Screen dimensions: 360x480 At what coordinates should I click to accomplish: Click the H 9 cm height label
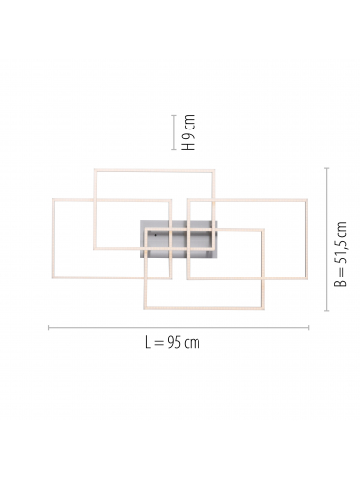point(189,132)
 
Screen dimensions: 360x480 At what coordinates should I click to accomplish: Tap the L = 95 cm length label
point(172,343)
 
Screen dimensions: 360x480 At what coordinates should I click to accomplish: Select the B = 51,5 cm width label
point(341,254)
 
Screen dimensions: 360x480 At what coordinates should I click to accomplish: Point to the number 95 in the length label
point(174,343)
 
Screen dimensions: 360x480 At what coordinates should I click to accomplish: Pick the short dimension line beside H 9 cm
point(174,132)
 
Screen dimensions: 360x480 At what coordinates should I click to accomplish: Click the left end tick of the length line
point(49,328)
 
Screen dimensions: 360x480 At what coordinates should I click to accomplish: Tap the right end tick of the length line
point(309,328)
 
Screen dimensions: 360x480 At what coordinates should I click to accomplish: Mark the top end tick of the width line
point(327,168)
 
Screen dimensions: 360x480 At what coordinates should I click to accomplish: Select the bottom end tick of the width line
point(327,311)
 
